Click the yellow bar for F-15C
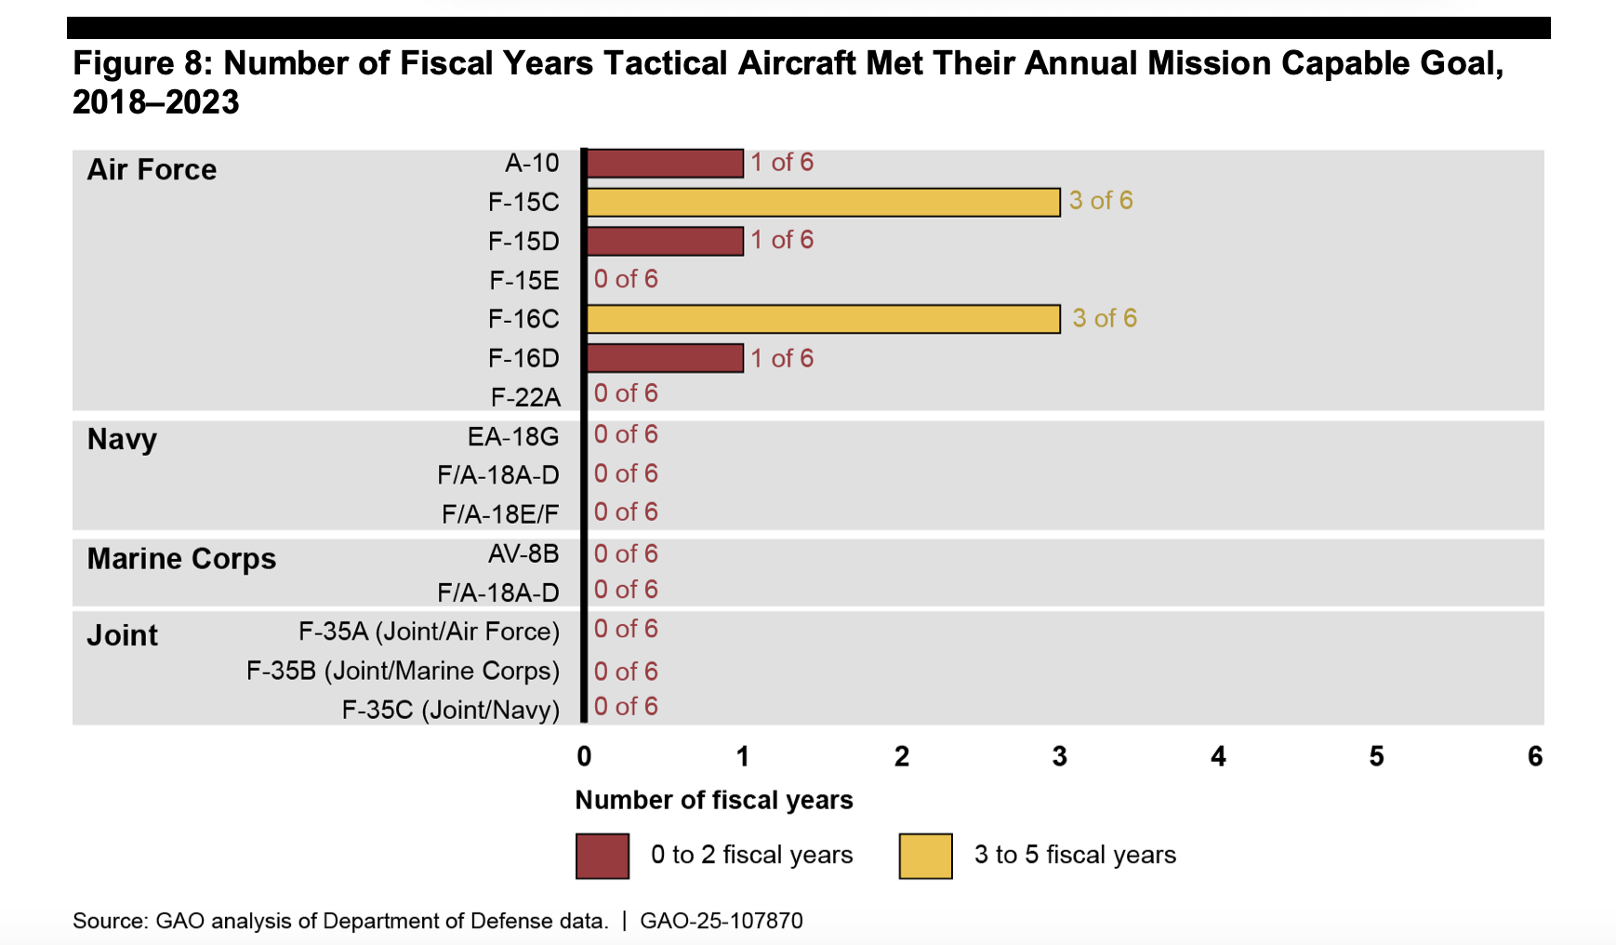[x=823, y=202]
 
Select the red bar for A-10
[x=665, y=163]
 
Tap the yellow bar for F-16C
[x=823, y=319]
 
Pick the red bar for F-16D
[x=665, y=358]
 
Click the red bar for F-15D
[x=665, y=241]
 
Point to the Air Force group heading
[x=152, y=170]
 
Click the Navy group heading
[x=122, y=439]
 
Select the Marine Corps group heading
[x=181, y=559]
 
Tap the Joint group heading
[x=122, y=636]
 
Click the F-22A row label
[x=525, y=398]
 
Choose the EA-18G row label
[x=513, y=436]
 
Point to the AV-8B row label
[x=523, y=554]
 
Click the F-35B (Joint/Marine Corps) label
[x=403, y=671]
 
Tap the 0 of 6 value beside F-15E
[x=626, y=279]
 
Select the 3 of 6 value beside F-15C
[x=1101, y=201]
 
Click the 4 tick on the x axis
[x=1218, y=757]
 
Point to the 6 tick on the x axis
[x=1535, y=757]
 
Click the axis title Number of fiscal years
[x=714, y=801]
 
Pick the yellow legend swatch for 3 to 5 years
[x=925, y=857]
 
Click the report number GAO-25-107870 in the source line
[x=722, y=922]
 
